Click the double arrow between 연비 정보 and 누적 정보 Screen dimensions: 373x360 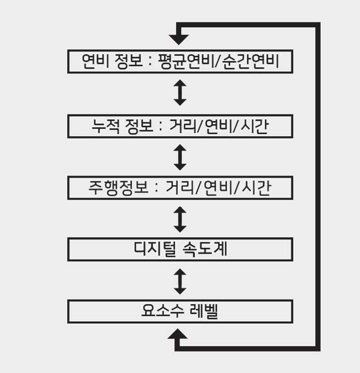[180, 93]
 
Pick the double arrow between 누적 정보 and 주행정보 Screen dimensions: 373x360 [180, 157]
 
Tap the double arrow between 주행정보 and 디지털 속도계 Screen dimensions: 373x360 [180, 219]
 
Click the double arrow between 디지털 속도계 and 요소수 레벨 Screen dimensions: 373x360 [180, 281]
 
